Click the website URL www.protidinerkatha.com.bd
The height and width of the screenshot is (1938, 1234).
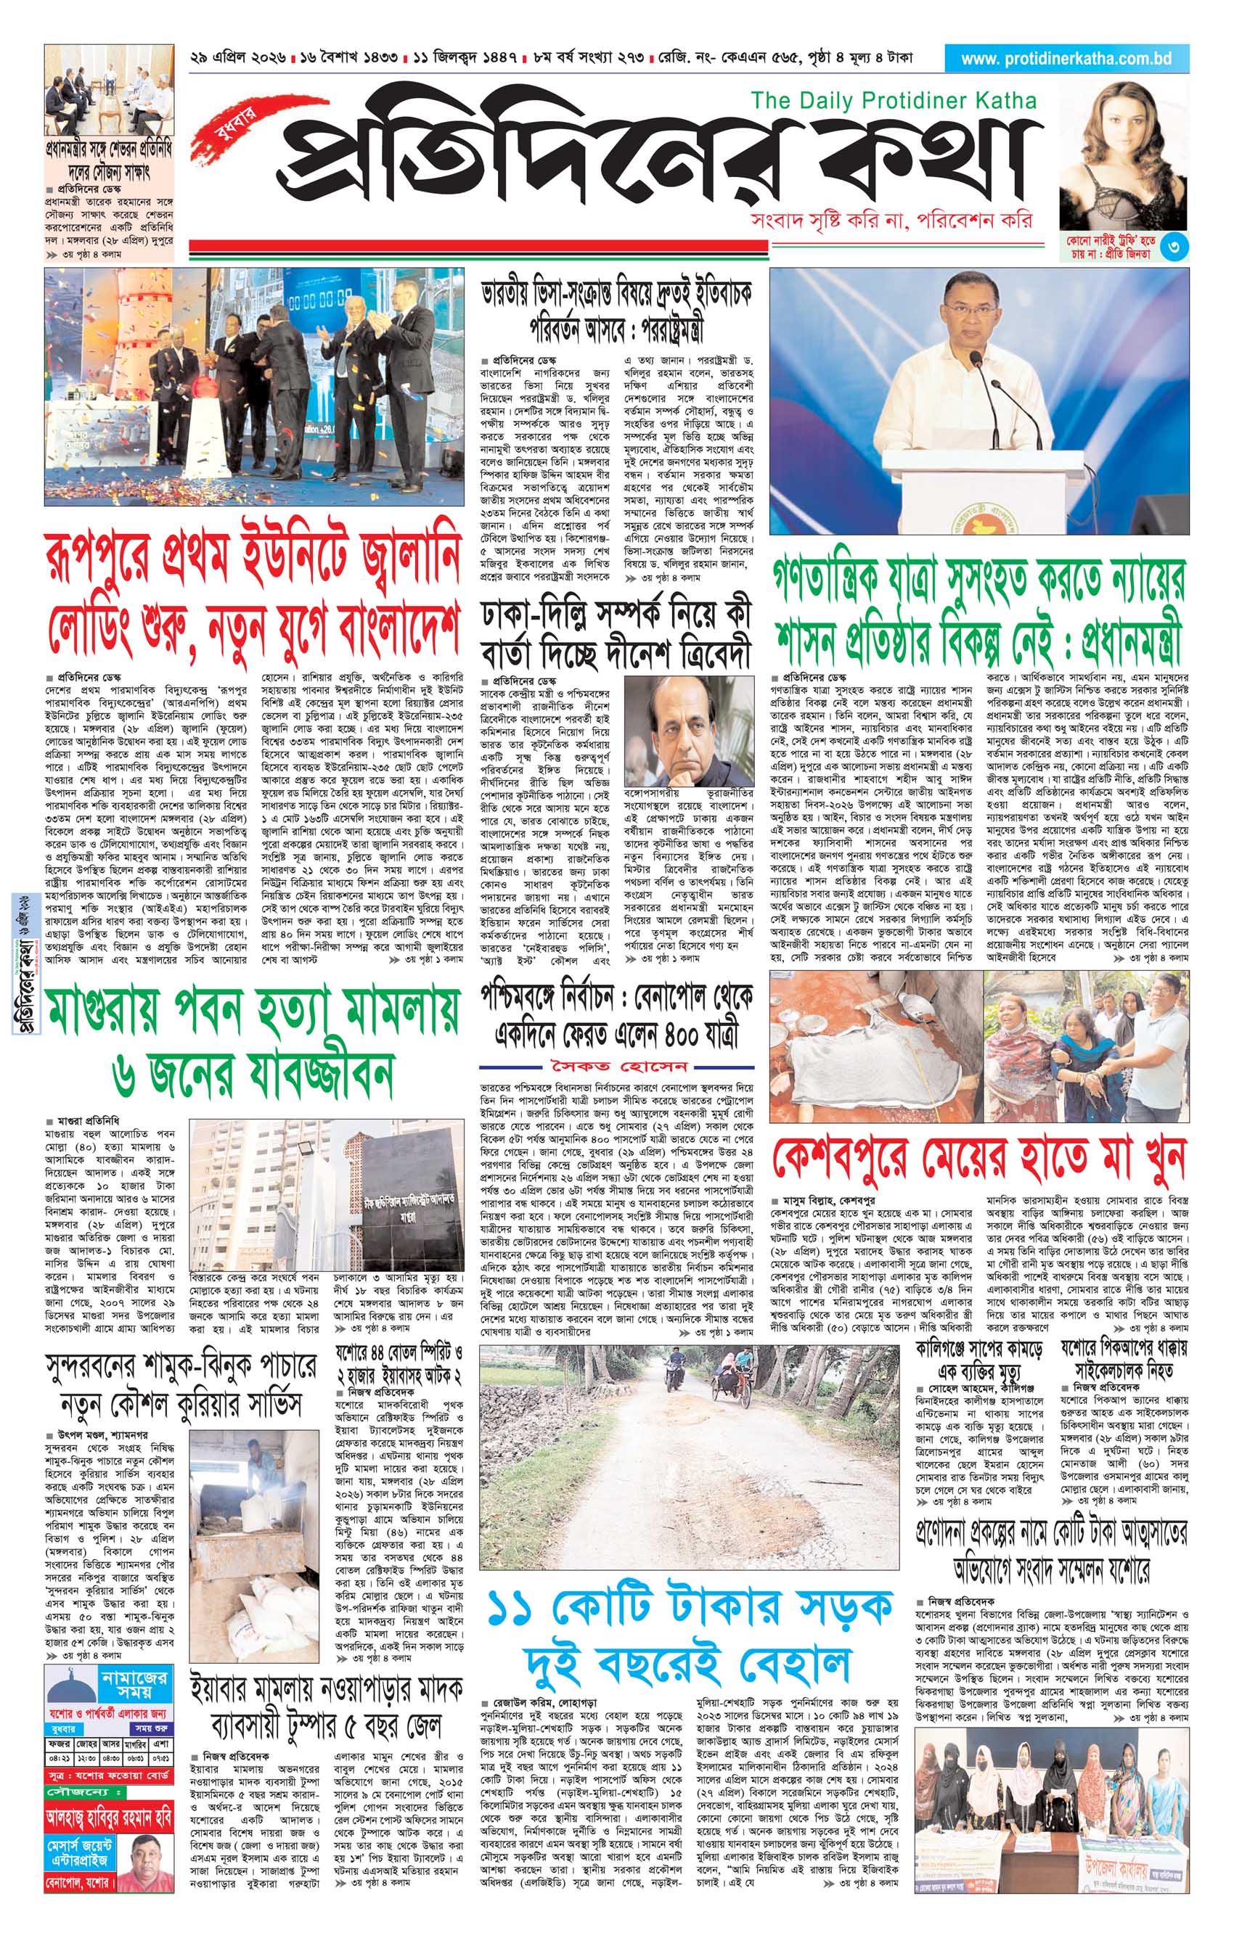(x=1066, y=59)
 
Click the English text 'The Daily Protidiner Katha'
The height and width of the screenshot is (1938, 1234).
(x=893, y=101)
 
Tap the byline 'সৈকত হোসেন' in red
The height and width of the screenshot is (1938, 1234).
(x=618, y=1067)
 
